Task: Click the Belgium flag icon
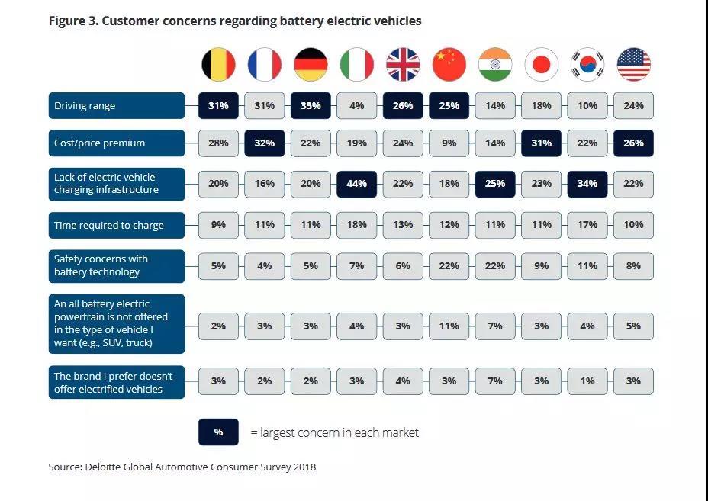[218, 65]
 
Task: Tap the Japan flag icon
[541, 65]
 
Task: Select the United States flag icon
[633, 65]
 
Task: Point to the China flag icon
[449, 65]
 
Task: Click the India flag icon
[495, 65]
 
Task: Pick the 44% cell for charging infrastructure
[356, 184]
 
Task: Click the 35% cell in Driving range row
[311, 106]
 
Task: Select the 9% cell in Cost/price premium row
[449, 143]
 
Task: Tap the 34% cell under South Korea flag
[587, 184]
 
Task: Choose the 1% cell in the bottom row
[587, 381]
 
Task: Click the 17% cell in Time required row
[587, 225]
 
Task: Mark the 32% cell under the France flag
[264, 143]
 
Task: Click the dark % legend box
[218, 432]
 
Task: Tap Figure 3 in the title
[72, 21]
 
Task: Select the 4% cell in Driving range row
[356, 106]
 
